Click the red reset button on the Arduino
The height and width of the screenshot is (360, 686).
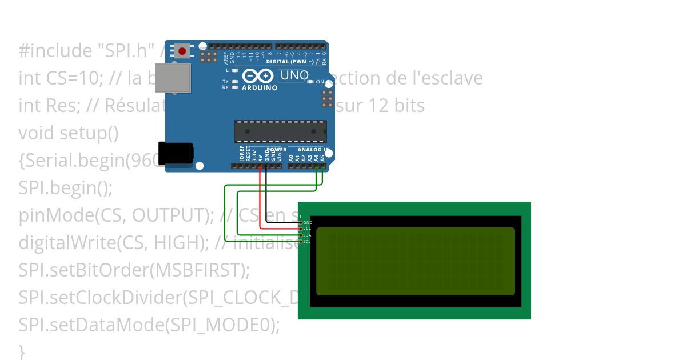click(x=182, y=51)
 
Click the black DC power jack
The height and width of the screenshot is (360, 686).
click(x=176, y=153)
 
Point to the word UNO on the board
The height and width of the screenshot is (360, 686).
click(x=294, y=75)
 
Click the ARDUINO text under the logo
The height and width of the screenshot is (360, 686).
click(x=260, y=88)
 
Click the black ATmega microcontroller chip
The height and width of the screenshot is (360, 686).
click(x=280, y=131)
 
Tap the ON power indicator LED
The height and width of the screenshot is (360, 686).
click(x=311, y=82)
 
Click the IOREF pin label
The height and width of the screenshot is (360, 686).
click(x=241, y=154)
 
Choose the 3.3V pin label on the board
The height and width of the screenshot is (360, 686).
click(x=254, y=155)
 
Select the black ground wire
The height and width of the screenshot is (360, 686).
click(x=267, y=194)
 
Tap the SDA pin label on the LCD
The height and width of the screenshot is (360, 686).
click(x=307, y=235)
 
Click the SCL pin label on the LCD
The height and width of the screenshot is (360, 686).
click(x=307, y=242)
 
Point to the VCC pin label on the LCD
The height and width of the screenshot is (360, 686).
click(x=307, y=229)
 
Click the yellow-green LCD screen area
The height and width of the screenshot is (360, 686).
click(x=415, y=261)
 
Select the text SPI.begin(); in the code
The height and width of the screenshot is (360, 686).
click(x=66, y=188)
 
